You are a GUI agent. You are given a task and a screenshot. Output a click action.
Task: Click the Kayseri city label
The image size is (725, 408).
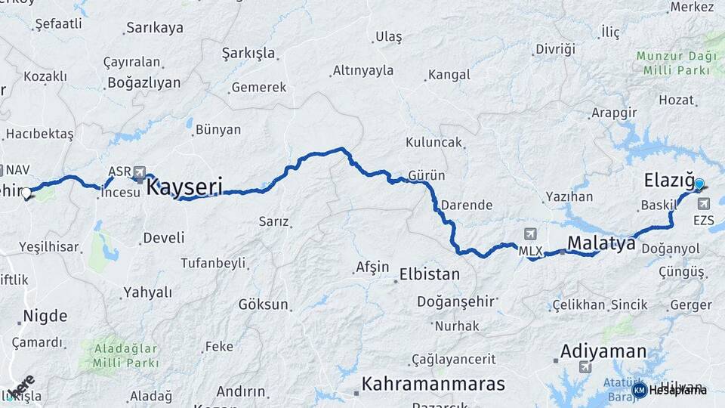point(184,186)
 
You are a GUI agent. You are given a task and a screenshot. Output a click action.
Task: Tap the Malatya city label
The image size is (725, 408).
point(600,243)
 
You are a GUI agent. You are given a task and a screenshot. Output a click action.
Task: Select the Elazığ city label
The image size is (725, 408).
point(668,181)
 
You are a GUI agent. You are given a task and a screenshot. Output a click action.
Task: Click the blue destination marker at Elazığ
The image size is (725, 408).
point(699,184)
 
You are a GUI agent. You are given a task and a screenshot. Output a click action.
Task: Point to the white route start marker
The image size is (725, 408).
point(26,193)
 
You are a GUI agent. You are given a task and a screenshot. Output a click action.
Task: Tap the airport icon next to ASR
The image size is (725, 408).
point(139,172)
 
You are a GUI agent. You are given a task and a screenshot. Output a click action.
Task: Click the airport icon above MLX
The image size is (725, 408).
point(530,234)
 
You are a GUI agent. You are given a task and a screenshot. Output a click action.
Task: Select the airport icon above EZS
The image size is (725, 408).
point(704,204)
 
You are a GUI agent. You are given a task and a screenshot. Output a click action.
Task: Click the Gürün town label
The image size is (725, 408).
point(426,175)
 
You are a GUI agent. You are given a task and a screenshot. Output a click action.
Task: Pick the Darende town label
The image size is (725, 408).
point(466,205)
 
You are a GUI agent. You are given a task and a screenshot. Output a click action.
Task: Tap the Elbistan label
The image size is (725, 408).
point(429,274)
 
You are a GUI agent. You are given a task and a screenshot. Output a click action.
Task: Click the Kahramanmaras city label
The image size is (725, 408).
point(433,384)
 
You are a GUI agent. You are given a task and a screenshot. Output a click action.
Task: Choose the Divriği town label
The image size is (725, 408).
point(555,49)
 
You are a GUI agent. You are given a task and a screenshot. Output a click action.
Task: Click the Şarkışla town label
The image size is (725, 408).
point(248,54)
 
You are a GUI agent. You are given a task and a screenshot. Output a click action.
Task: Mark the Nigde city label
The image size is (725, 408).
point(45,316)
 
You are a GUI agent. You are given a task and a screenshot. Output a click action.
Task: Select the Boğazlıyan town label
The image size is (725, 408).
point(143,83)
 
